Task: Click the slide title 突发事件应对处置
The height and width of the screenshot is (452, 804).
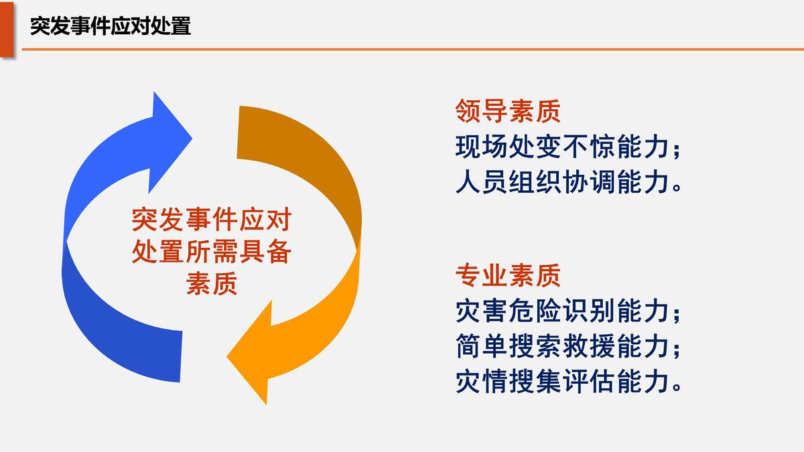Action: pos(110,26)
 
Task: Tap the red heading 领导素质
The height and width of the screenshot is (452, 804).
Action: pos(508,111)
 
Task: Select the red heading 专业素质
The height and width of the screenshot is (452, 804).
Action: pos(508,275)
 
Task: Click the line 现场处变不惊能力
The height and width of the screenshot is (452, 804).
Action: pos(562,147)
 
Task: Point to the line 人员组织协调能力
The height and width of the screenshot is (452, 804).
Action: pos(562,182)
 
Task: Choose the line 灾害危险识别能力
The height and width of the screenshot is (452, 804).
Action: pos(562,311)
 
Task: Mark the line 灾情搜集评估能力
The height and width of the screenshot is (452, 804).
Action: pos(562,381)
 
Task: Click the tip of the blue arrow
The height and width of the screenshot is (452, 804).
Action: pos(192,138)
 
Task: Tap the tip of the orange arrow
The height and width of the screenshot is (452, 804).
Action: pos(227,356)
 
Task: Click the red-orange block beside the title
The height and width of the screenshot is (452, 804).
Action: pos(7,29)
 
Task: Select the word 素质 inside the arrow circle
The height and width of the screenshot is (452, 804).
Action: pos(212,283)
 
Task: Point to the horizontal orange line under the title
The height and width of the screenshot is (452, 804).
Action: pos(413,49)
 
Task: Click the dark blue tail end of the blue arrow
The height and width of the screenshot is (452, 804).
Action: pos(181,356)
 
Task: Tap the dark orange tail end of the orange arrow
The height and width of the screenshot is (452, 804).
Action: pos(238,132)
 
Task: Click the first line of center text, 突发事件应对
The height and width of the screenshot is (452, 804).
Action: pos(212,220)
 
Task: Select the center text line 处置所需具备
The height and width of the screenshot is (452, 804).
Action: pos(212,252)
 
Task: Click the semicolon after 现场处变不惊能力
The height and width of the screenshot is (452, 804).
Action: pos(677,149)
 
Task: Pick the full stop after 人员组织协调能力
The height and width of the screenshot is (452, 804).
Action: pos(677,187)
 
